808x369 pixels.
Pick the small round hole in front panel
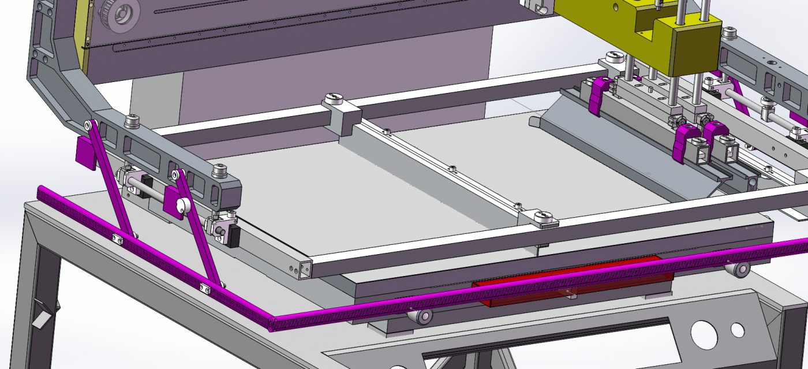point(738,329)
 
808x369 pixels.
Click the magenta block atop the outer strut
point(85,151)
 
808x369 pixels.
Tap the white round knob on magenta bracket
point(182,204)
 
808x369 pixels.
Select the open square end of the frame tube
point(304,268)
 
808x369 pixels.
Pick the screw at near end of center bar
point(543,217)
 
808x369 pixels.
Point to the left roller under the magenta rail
point(421,315)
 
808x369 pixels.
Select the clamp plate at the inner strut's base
point(205,287)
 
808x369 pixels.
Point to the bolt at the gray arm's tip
point(219,172)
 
